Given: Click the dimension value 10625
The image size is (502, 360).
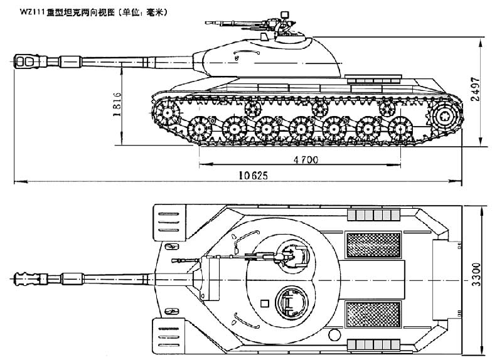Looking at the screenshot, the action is [253, 176].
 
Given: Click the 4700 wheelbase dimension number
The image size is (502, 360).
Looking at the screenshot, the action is [306, 160].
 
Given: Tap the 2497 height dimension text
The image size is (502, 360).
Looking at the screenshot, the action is [476, 89].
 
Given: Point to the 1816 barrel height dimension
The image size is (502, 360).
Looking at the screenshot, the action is [117, 104].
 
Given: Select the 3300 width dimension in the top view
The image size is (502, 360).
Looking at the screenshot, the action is [476, 275].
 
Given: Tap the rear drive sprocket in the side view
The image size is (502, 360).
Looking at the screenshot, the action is [446, 115].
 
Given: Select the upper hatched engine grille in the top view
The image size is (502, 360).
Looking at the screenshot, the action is [373, 245].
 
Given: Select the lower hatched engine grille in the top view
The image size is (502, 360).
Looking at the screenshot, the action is [373, 315].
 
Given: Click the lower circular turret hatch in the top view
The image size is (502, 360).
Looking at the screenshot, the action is [292, 303].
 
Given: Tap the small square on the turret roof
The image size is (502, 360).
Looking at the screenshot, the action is [264, 303].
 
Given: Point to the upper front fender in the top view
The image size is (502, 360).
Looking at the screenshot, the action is [169, 223].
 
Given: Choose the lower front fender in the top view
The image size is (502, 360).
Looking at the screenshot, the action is [169, 336].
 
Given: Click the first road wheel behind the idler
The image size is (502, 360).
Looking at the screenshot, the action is [200, 129].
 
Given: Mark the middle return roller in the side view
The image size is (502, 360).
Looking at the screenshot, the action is [319, 108].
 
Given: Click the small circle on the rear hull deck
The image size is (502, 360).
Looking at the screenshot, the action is [334, 335].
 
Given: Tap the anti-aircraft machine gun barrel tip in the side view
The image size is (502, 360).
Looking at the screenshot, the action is [206, 23].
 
